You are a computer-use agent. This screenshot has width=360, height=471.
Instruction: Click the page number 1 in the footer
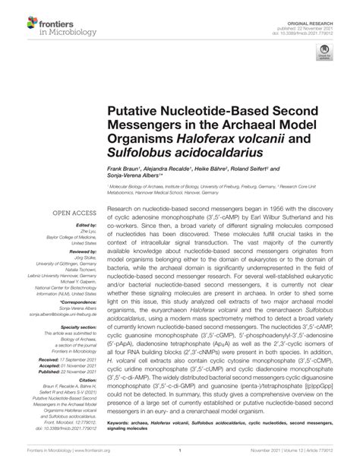click(x=180, y=459)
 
